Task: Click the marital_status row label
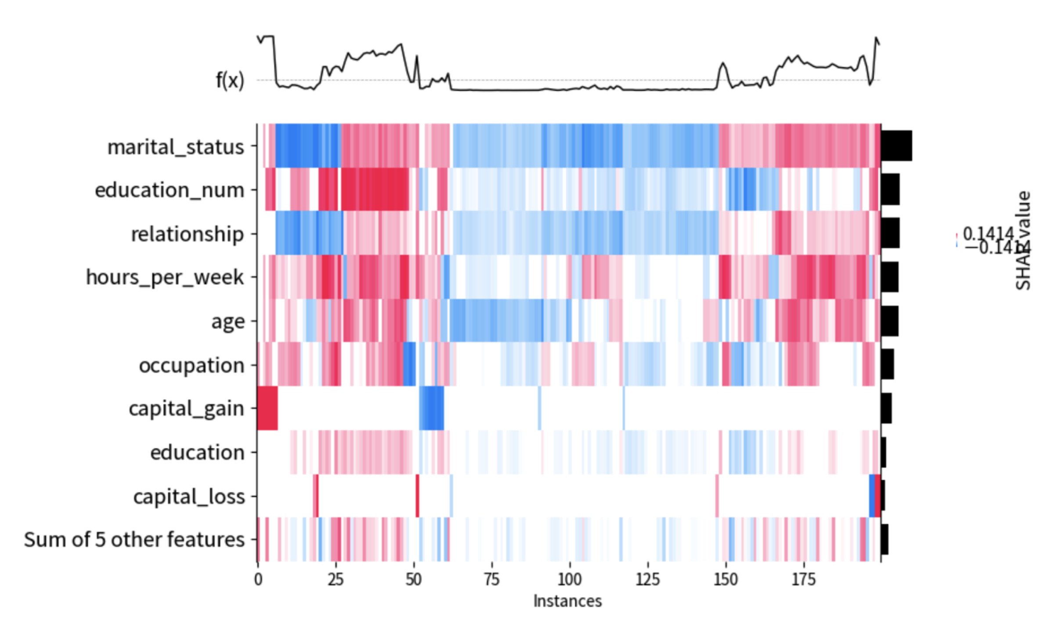(175, 147)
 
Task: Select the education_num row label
(169, 190)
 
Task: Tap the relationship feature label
(187, 234)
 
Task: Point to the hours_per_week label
(165, 277)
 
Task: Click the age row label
(228, 321)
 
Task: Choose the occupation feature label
(191, 365)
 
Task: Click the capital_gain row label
(186, 408)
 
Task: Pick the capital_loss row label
(189, 497)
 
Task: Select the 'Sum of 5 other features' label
(134, 540)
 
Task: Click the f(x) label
(229, 80)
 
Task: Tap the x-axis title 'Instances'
(567, 601)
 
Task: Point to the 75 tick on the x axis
(492, 580)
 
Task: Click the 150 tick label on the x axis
(726, 580)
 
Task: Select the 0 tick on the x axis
(258, 580)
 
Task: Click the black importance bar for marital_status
(896, 146)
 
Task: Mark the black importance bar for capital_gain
(886, 408)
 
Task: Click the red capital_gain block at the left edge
(267, 408)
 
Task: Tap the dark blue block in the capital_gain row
(431, 408)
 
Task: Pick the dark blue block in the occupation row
(409, 364)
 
